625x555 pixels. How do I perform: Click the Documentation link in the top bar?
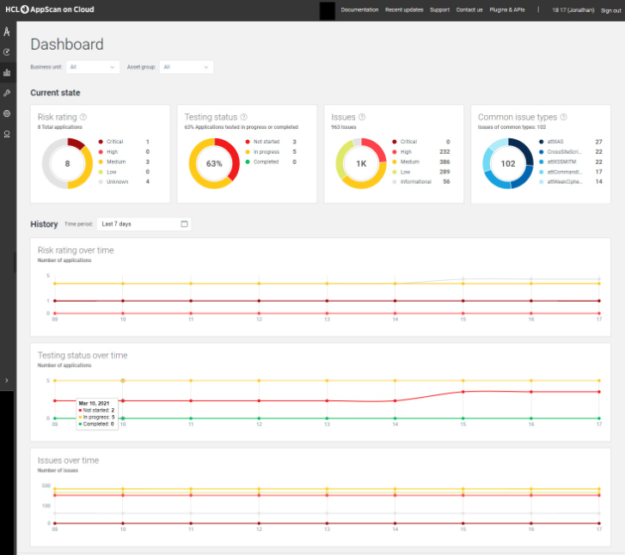coord(359,9)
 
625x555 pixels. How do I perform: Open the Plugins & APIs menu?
coord(507,9)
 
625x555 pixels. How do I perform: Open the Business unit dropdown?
coord(94,67)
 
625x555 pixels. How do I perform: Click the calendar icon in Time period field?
coord(184,224)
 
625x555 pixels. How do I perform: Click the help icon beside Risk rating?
coord(83,117)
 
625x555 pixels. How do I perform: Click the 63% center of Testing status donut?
coord(214,163)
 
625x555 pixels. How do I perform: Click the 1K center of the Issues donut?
coord(361,163)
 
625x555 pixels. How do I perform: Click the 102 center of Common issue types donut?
coord(508,163)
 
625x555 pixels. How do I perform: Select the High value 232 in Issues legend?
coord(444,151)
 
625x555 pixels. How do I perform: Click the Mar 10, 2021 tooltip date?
coord(94,402)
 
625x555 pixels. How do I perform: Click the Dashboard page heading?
coord(67,45)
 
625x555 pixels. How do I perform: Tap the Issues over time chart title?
coord(68,460)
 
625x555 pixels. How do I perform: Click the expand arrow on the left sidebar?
coord(7,380)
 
